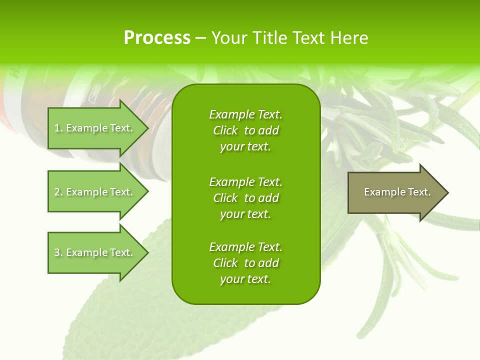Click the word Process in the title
pyautogui.click(x=157, y=38)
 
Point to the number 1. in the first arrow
pyautogui.click(x=58, y=128)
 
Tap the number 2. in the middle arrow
pyautogui.click(x=58, y=192)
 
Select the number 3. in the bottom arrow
pyautogui.click(x=58, y=252)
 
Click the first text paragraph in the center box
pyautogui.click(x=245, y=130)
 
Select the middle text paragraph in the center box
pyautogui.click(x=245, y=198)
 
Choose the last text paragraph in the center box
pyautogui.click(x=245, y=263)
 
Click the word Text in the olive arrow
pyautogui.click(x=419, y=192)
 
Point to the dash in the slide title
pyautogui.click(x=200, y=38)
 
